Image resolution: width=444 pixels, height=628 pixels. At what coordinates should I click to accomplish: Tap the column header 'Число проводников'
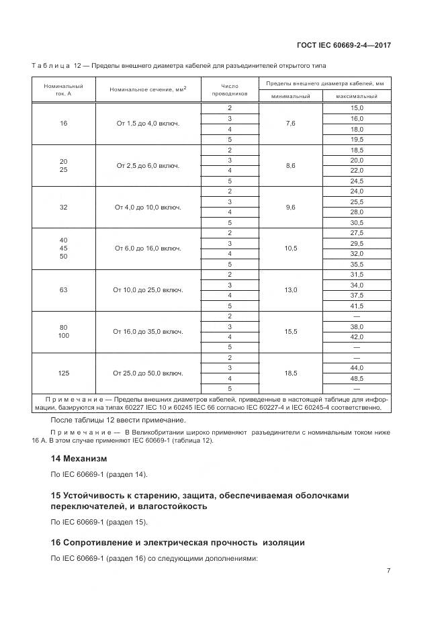pyautogui.click(x=229, y=89)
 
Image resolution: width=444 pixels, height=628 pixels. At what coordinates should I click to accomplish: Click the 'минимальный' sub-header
pyautogui.click(x=290, y=97)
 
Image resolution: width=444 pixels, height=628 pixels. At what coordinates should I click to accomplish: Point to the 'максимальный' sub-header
pyautogui.click(x=356, y=97)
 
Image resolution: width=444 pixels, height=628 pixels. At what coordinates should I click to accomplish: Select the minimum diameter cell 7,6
pyautogui.click(x=290, y=124)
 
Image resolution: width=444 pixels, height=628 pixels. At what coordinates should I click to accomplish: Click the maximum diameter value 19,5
pyautogui.click(x=357, y=139)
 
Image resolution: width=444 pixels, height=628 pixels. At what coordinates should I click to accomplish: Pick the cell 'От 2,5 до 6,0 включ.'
pyautogui.click(x=148, y=165)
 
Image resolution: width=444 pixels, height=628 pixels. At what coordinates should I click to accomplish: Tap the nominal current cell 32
pyautogui.click(x=64, y=207)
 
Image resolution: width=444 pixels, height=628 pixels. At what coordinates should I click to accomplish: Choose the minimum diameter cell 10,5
pyautogui.click(x=290, y=249)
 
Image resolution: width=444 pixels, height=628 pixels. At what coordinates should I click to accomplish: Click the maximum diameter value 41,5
pyautogui.click(x=357, y=306)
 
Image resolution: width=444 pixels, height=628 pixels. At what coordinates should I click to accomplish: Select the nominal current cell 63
pyautogui.click(x=64, y=290)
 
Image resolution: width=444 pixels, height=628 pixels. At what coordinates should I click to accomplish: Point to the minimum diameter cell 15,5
pyautogui.click(x=290, y=332)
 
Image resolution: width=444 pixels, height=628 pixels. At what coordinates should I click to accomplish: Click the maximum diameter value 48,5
pyautogui.click(x=357, y=378)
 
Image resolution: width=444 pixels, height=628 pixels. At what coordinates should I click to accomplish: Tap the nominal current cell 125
pyautogui.click(x=64, y=373)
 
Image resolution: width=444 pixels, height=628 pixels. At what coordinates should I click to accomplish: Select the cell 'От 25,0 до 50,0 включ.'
pyautogui.click(x=148, y=373)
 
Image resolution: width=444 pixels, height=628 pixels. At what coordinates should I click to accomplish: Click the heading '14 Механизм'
pyautogui.click(x=79, y=458)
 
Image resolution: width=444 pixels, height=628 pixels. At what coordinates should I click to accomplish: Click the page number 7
pyautogui.click(x=388, y=571)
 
